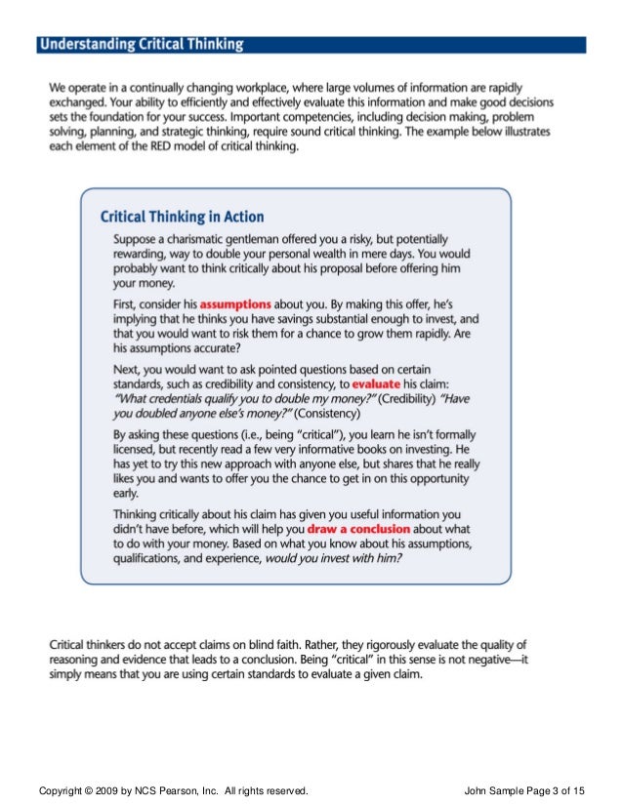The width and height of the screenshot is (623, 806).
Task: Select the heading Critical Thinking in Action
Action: click(183, 217)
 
